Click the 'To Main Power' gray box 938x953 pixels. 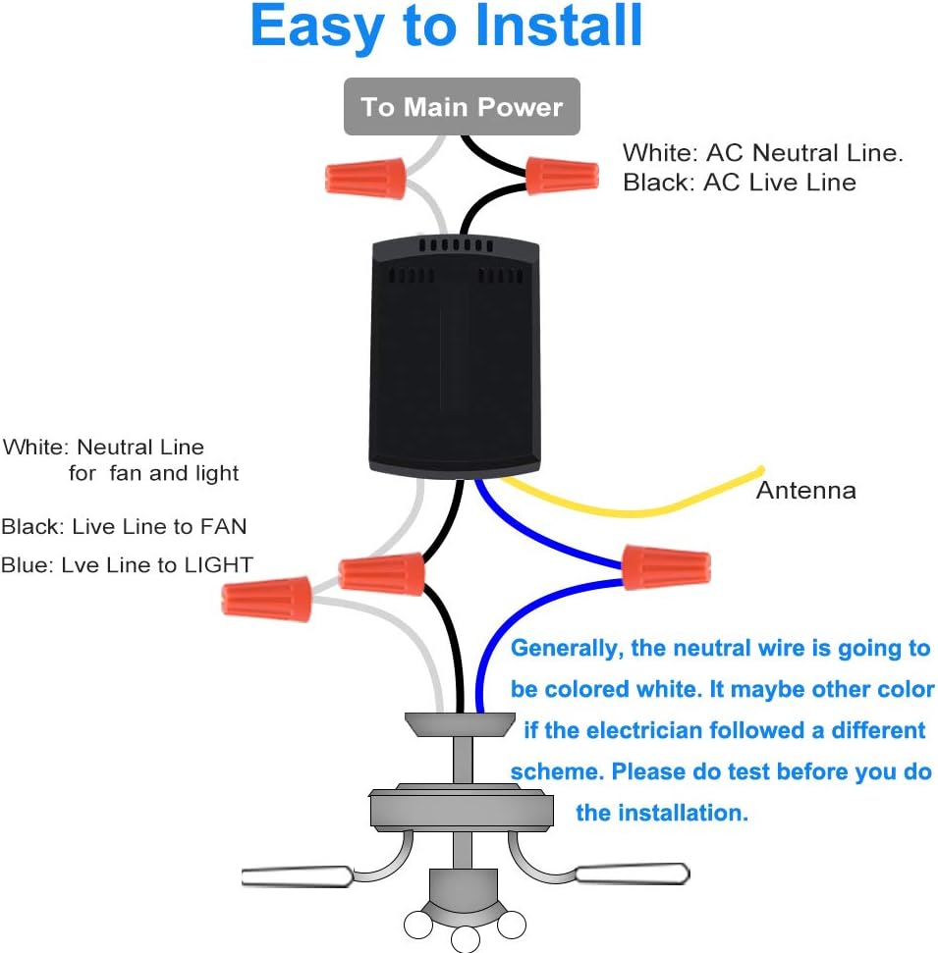click(462, 106)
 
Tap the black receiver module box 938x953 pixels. click(455, 355)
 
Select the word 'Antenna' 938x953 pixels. click(806, 491)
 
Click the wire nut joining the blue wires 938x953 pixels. click(666, 567)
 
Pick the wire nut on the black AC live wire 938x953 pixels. click(562, 176)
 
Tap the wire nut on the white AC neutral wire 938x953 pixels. click(365, 178)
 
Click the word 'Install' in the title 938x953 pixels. click(559, 26)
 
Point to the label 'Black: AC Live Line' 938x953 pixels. click(740, 183)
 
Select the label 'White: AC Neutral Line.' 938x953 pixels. click(763, 152)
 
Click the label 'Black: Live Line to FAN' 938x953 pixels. click(124, 526)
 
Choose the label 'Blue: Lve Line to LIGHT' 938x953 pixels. click(127, 565)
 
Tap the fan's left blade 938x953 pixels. click(297, 876)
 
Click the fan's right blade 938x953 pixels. click(633, 874)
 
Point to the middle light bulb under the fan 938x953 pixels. click(466, 939)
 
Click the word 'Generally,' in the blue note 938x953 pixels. click(567, 649)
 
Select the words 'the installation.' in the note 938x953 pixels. click(662, 813)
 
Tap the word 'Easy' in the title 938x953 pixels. click(317, 28)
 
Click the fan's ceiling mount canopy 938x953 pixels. click(460, 724)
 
